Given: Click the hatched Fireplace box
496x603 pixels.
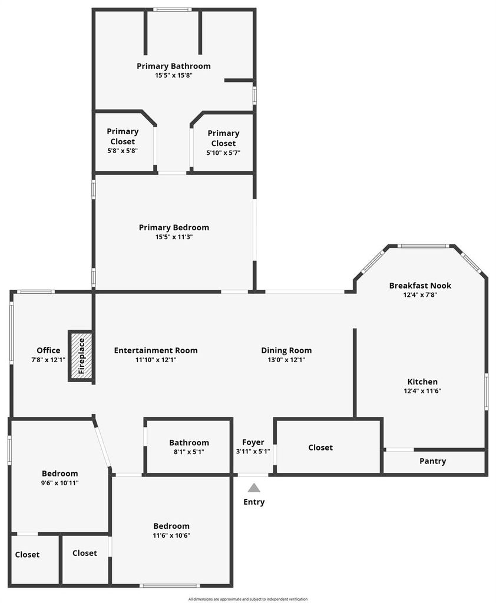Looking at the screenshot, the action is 81,356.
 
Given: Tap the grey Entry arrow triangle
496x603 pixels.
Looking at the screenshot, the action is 253,488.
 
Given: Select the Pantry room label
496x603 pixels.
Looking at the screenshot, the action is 432,461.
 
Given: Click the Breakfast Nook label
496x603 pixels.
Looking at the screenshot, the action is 420,286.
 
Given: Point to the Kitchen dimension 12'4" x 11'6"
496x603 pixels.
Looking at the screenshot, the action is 422,391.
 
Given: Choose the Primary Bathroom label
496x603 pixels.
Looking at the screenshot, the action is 174,66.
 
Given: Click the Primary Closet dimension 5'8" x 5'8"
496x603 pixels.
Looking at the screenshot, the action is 123,151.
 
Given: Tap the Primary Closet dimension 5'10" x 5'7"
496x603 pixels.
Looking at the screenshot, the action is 223,153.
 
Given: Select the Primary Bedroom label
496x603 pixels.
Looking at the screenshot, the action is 174,228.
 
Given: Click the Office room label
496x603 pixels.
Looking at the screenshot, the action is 48,350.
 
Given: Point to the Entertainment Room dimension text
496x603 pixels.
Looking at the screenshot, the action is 156,360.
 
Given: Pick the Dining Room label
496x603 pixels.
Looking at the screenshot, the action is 286,350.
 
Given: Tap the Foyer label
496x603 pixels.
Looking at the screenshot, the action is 253,442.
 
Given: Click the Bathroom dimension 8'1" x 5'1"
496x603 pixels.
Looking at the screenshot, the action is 189,452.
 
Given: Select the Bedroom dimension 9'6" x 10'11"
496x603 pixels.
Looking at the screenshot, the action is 59,483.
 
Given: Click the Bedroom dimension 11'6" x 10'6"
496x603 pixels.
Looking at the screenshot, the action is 171,536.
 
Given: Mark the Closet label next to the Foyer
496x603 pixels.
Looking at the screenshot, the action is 320,448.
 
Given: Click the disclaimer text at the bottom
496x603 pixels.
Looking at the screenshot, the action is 248,599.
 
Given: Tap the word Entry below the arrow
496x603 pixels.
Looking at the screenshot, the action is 254,502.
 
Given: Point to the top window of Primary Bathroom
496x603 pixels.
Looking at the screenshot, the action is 173,9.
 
